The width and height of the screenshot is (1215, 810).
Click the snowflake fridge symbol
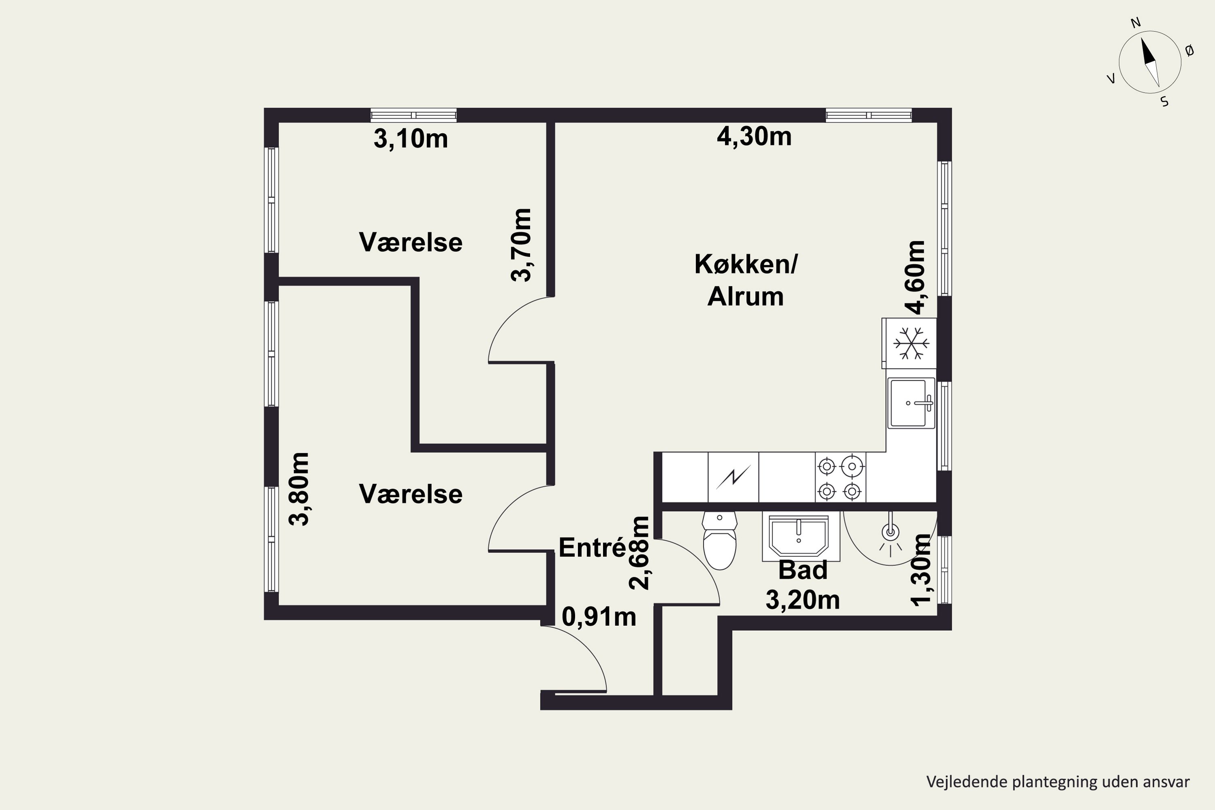point(911,343)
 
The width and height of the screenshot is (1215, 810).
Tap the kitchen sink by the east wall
point(911,403)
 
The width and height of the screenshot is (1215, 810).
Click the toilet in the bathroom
point(720,540)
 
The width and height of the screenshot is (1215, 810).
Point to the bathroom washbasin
point(799,536)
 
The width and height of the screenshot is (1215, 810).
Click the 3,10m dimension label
point(411,139)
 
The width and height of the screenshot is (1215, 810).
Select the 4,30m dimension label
point(754,136)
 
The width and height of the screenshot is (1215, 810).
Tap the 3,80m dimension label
point(298,489)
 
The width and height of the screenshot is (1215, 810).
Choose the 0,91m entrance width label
point(599,617)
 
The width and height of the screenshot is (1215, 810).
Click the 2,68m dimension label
point(639,553)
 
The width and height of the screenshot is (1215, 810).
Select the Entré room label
point(593,548)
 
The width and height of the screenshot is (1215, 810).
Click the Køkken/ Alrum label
point(746,280)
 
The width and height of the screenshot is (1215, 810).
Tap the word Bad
point(803,570)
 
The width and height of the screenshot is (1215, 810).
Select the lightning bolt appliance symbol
point(733,477)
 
